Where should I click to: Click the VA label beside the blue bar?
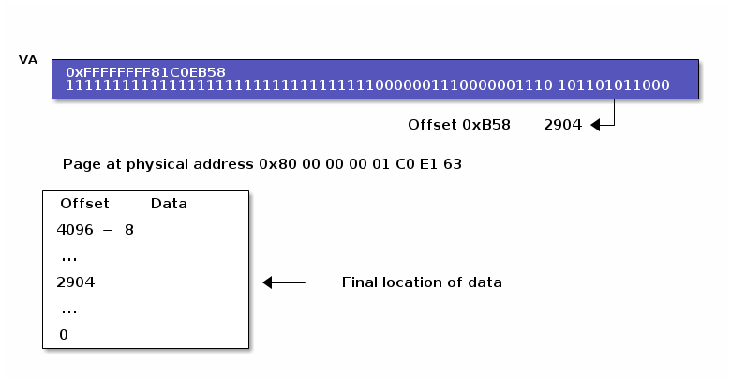[x=28, y=60]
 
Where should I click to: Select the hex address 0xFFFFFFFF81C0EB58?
[x=145, y=72]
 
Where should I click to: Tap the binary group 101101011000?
[x=614, y=85]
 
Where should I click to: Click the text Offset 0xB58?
[x=459, y=125]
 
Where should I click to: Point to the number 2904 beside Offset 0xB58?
[x=562, y=125]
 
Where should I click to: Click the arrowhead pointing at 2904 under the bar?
[x=595, y=125]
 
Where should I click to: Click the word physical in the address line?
[x=157, y=165]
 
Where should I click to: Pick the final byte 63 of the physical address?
[x=453, y=164]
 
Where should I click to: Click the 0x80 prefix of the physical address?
[x=277, y=164]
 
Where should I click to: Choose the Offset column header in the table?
[x=84, y=204]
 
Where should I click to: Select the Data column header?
[x=169, y=204]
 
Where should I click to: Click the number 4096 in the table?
[x=75, y=230]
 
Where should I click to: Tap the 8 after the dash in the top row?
[x=129, y=230]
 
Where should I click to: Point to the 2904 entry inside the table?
[x=76, y=282]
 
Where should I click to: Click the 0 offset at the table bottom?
[x=64, y=335]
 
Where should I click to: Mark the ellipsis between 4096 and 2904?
[x=69, y=259]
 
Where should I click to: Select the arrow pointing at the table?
[x=284, y=282]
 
